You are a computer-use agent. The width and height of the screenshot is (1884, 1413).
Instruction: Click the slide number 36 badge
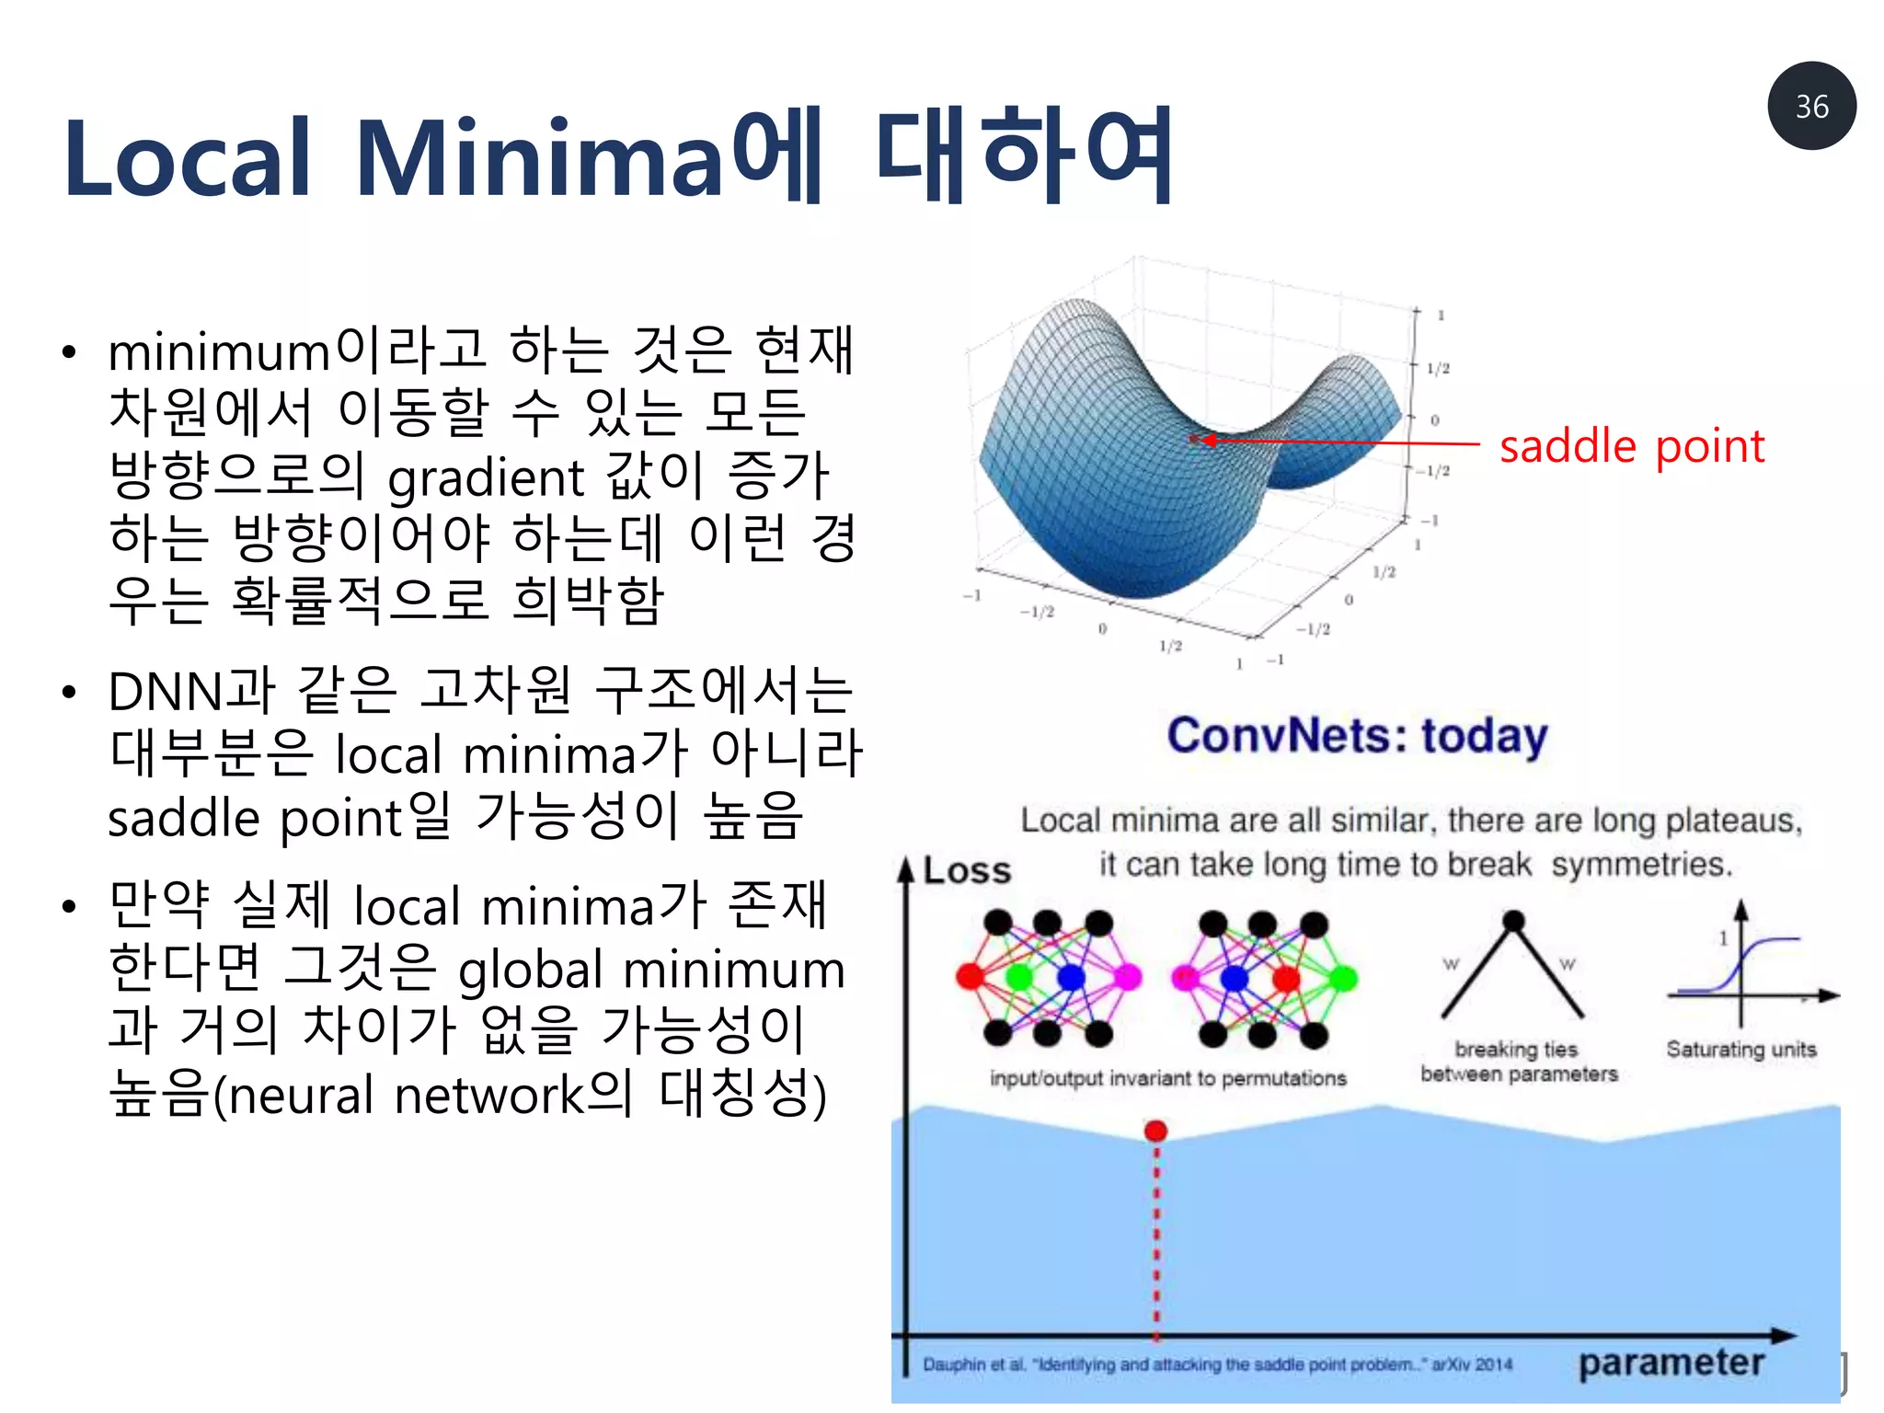pyautogui.click(x=1810, y=106)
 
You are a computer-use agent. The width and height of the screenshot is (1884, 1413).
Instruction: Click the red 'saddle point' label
pyautogui.click(x=1631, y=446)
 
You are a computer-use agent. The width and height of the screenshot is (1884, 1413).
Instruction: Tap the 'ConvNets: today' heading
pyautogui.click(x=1357, y=736)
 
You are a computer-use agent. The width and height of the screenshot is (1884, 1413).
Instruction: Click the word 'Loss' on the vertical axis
pyautogui.click(x=966, y=870)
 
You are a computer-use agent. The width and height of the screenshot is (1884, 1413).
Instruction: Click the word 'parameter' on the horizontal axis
pyautogui.click(x=1671, y=1362)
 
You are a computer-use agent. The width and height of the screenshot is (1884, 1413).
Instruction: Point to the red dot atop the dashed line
pyautogui.click(x=1155, y=1131)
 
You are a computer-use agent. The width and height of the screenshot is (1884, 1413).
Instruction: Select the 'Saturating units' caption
pyautogui.click(x=1740, y=1050)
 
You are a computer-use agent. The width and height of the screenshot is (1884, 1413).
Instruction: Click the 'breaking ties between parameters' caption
pyautogui.click(x=1518, y=1062)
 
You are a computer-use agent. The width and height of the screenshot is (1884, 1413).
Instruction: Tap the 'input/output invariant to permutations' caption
pyautogui.click(x=1167, y=1078)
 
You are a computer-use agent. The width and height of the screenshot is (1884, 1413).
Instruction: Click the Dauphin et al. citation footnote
pyautogui.click(x=1216, y=1364)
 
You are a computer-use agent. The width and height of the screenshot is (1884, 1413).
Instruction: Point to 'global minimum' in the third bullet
pyautogui.click(x=650, y=971)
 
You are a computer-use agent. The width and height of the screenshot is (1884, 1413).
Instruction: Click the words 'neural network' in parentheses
pyautogui.click(x=405, y=1096)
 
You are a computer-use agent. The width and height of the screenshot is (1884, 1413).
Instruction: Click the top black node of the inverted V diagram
pyautogui.click(x=1513, y=920)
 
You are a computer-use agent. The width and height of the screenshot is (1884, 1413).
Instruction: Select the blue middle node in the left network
pyautogui.click(x=1071, y=976)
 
